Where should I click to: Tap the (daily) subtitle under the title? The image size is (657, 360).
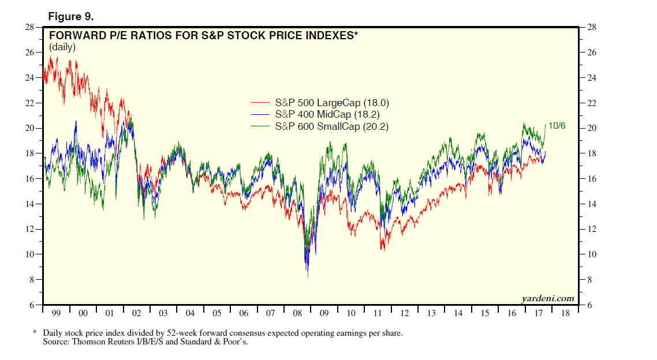[62, 47]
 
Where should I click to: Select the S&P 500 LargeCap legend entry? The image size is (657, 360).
[332, 103]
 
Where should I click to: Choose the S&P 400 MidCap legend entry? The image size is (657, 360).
[327, 115]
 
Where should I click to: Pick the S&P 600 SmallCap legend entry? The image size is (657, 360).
[331, 126]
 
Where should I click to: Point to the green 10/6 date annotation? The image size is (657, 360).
[558, 125]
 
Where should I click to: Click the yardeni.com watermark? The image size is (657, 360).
[548, 298]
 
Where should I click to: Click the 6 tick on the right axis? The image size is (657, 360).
[591, 305]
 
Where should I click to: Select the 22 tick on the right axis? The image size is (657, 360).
[593, 103]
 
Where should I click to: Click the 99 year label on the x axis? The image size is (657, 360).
[57, 313]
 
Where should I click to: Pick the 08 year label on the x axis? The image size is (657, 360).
[298, 313]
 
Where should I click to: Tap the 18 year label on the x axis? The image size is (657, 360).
[565, 313]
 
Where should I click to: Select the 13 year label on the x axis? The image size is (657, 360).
[431, 313]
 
